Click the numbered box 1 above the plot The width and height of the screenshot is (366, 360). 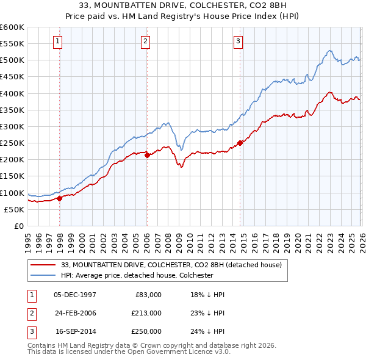57,41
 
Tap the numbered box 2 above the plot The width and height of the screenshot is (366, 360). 146,41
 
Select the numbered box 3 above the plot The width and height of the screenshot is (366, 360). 237,41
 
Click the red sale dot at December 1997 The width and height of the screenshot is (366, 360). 60,198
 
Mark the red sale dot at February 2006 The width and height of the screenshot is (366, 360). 147,155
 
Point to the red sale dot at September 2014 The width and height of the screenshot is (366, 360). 240,143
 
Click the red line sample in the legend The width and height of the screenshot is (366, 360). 43,265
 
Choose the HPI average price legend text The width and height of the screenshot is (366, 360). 137,275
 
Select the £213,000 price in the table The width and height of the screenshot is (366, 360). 146,313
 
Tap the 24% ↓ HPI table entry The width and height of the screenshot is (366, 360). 207,331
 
